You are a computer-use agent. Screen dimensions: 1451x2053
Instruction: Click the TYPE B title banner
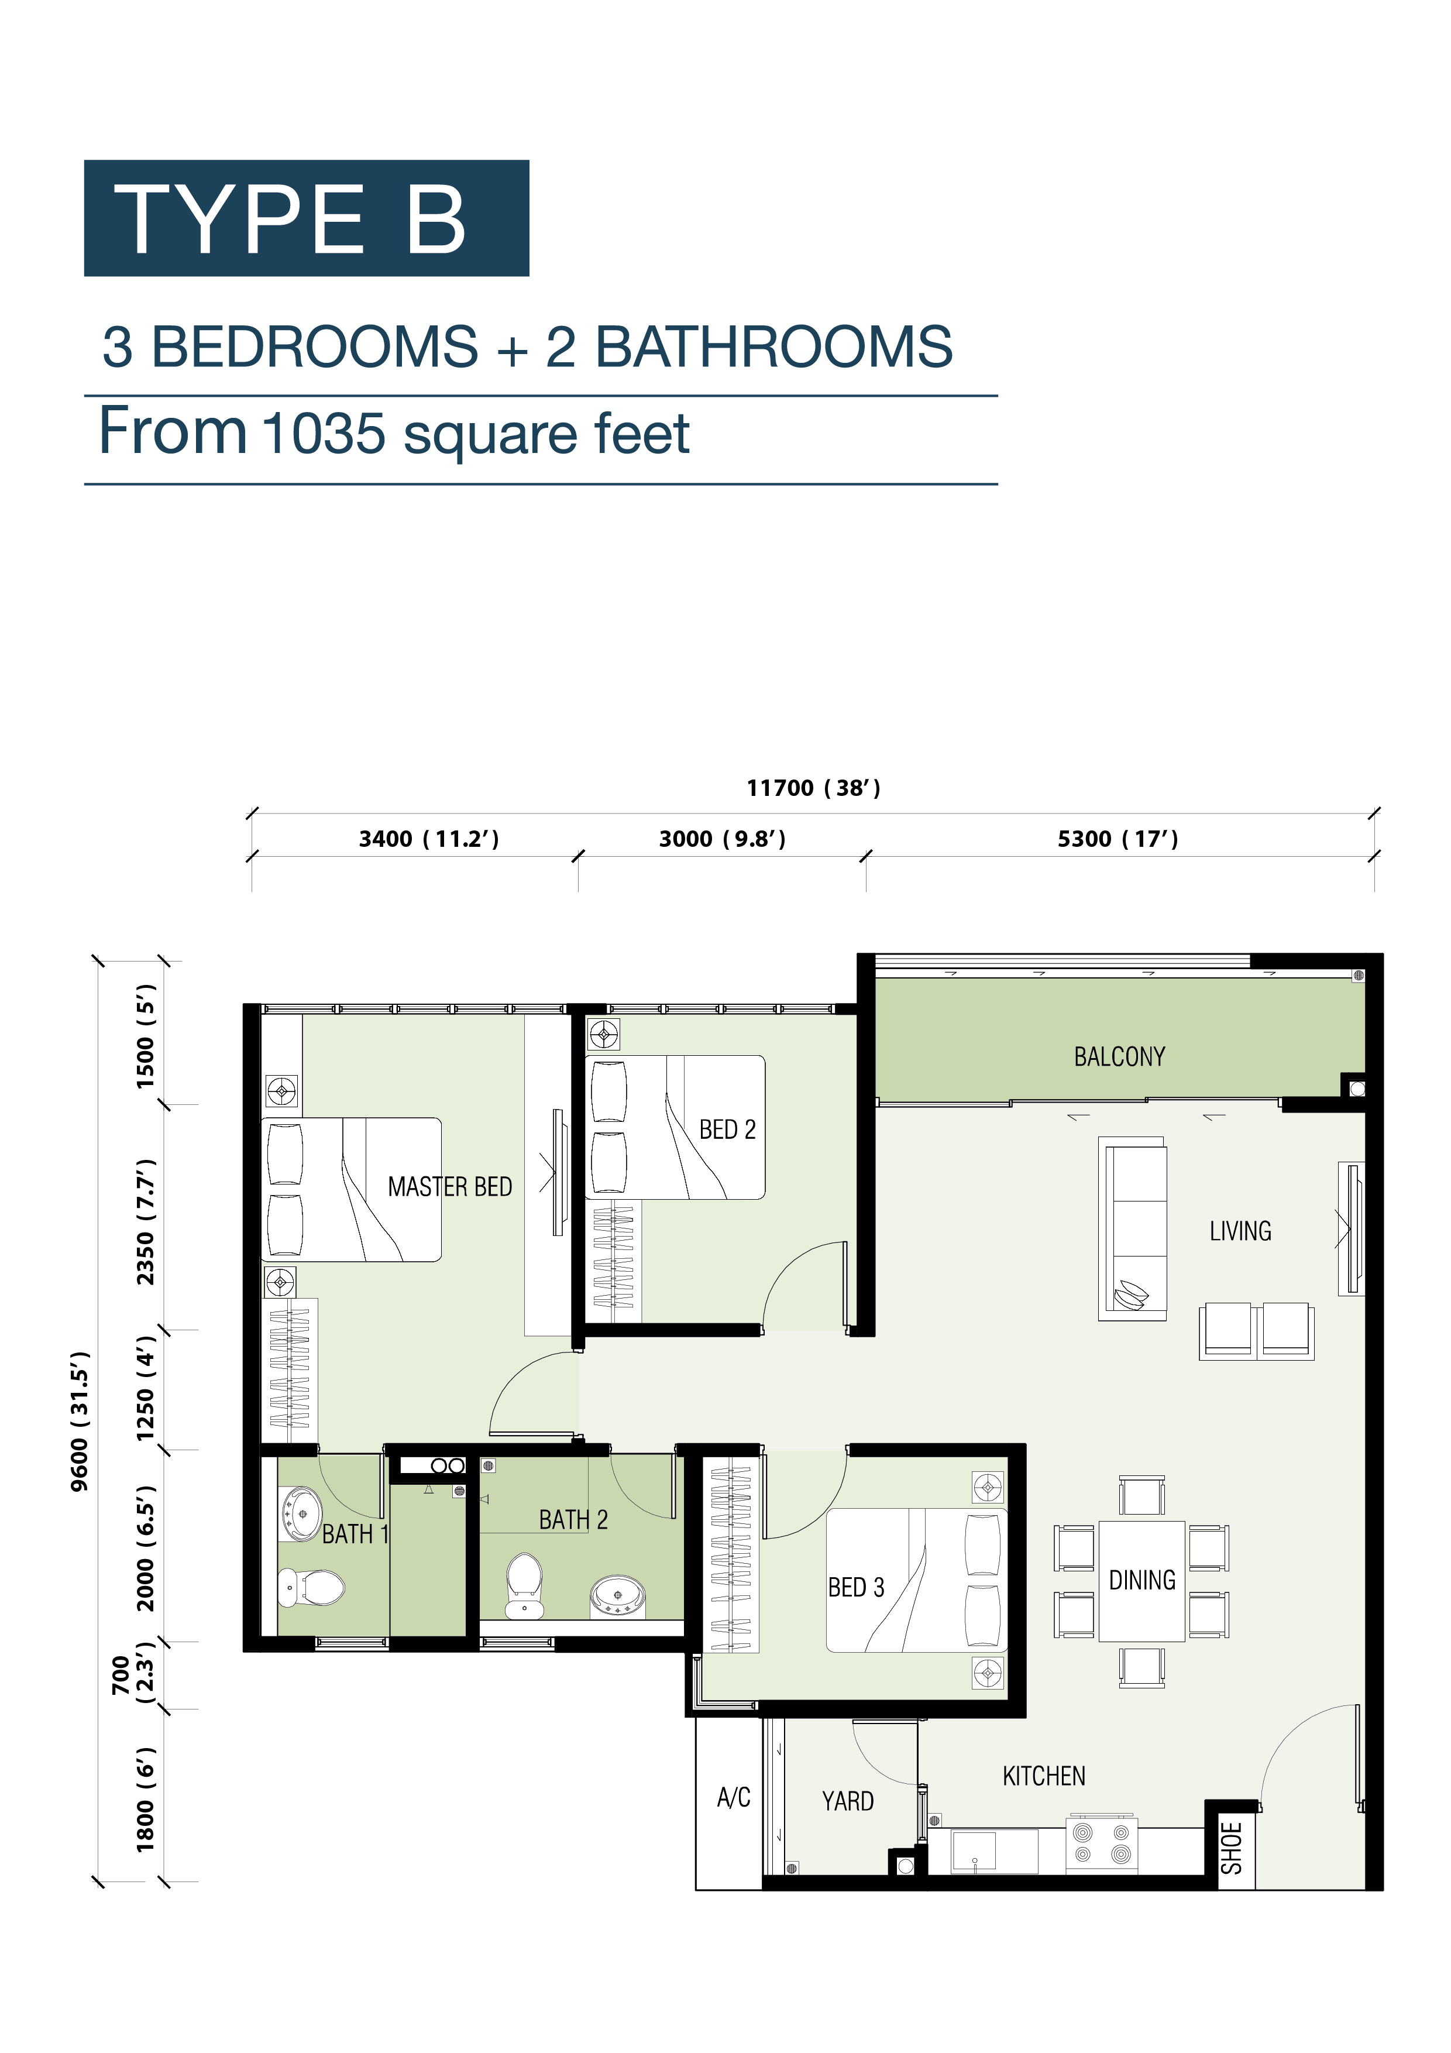[x=307, y=218]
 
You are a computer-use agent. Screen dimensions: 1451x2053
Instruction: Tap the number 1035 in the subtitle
[x=324, y=434]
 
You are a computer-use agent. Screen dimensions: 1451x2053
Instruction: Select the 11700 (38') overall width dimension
[x=814, y=788]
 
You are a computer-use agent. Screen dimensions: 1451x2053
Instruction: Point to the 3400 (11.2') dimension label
[x=429, y=839]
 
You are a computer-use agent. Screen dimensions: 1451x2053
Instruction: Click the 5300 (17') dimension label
[x=1118, y=839]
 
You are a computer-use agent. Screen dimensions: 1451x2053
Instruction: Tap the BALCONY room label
[x=1119, y=1057]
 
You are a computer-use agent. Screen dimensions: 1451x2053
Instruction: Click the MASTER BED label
[x=450, y=1186]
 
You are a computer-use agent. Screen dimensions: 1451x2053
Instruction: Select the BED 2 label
[x=727, y=1130]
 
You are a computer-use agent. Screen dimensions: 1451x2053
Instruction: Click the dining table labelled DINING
[x=1141, y=1581]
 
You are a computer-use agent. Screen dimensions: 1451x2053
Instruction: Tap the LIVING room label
[x=1240, y=1231]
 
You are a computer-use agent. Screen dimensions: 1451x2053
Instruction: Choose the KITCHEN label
[x=1043, y=1776]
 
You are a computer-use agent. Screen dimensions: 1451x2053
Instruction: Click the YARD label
[x=848, y=1801]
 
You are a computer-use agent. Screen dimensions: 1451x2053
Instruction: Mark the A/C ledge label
[x=733, y=1797]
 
